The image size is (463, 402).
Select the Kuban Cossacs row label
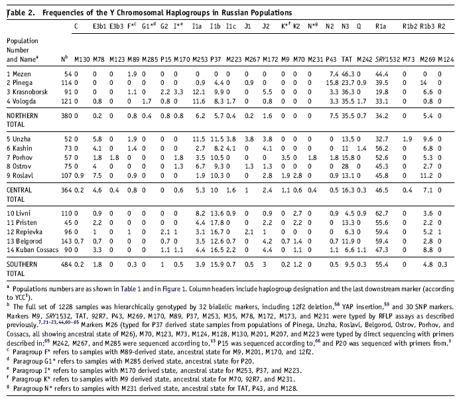pos(33,250)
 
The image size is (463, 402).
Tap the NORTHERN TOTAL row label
pos(22,120)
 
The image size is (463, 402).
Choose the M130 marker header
pos(82,59)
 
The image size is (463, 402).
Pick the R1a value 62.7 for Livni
pos(382,213)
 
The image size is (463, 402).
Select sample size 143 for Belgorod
pos(66,241)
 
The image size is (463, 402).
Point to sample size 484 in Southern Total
pos(66,265)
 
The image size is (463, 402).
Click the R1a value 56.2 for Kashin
pos(382,149)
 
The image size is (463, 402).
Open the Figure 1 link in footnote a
pos(174,289)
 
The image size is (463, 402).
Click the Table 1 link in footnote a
pos(131,289)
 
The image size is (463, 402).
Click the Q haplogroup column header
pos(359,27)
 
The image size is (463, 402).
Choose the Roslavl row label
pos(20,175)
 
